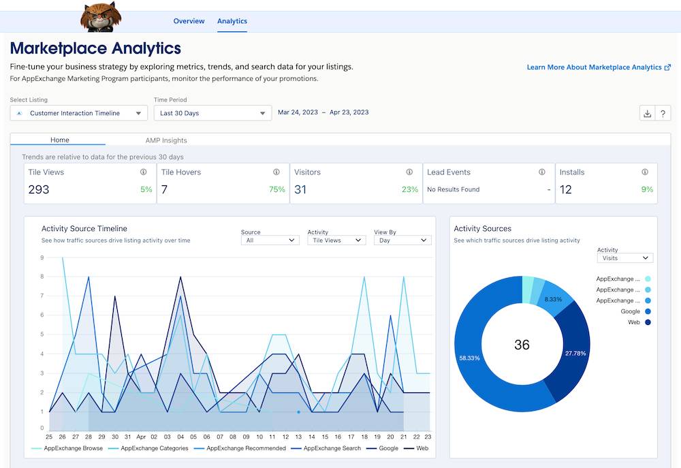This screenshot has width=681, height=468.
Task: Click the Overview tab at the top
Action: (189, 21)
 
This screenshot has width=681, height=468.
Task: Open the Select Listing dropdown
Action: (78, 113)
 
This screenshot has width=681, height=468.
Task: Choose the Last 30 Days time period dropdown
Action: (212, 113)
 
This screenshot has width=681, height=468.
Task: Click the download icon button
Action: (647, 114)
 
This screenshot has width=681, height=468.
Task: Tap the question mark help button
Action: (662, 114)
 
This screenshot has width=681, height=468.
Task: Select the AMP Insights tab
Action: (166, 140)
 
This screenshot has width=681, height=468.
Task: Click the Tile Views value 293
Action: (39, 189)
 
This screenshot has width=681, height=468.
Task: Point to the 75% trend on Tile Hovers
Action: (276, 190)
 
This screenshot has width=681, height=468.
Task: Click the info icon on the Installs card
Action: (644, 172)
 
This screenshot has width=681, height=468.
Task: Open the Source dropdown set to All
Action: (270, 240)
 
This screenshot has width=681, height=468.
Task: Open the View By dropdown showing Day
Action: (402, 240)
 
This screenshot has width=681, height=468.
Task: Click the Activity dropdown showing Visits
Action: (624, 258)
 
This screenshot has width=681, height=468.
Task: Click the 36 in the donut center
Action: (522, 345)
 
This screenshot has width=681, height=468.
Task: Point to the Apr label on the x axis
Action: (141, 436)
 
